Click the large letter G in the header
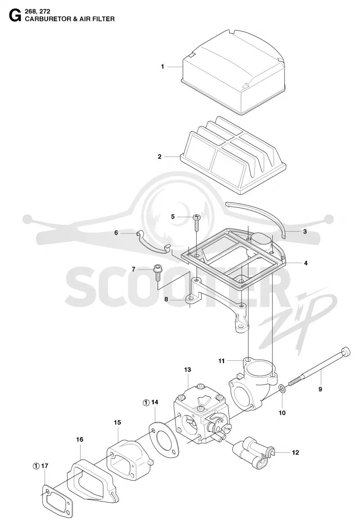pos(15,15)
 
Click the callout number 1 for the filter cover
pos(162,67)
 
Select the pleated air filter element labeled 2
pos(233,156)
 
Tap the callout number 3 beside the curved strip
pos(305,231)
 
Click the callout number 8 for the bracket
pos(166,299)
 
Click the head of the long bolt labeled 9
pos(346,352)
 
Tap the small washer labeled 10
pos(282,389)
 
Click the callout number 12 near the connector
pos(295,452)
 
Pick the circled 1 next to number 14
pos(146,402)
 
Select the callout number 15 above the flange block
pos(117,422)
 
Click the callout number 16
pos(80,439)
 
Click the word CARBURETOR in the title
pos(47,19)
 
